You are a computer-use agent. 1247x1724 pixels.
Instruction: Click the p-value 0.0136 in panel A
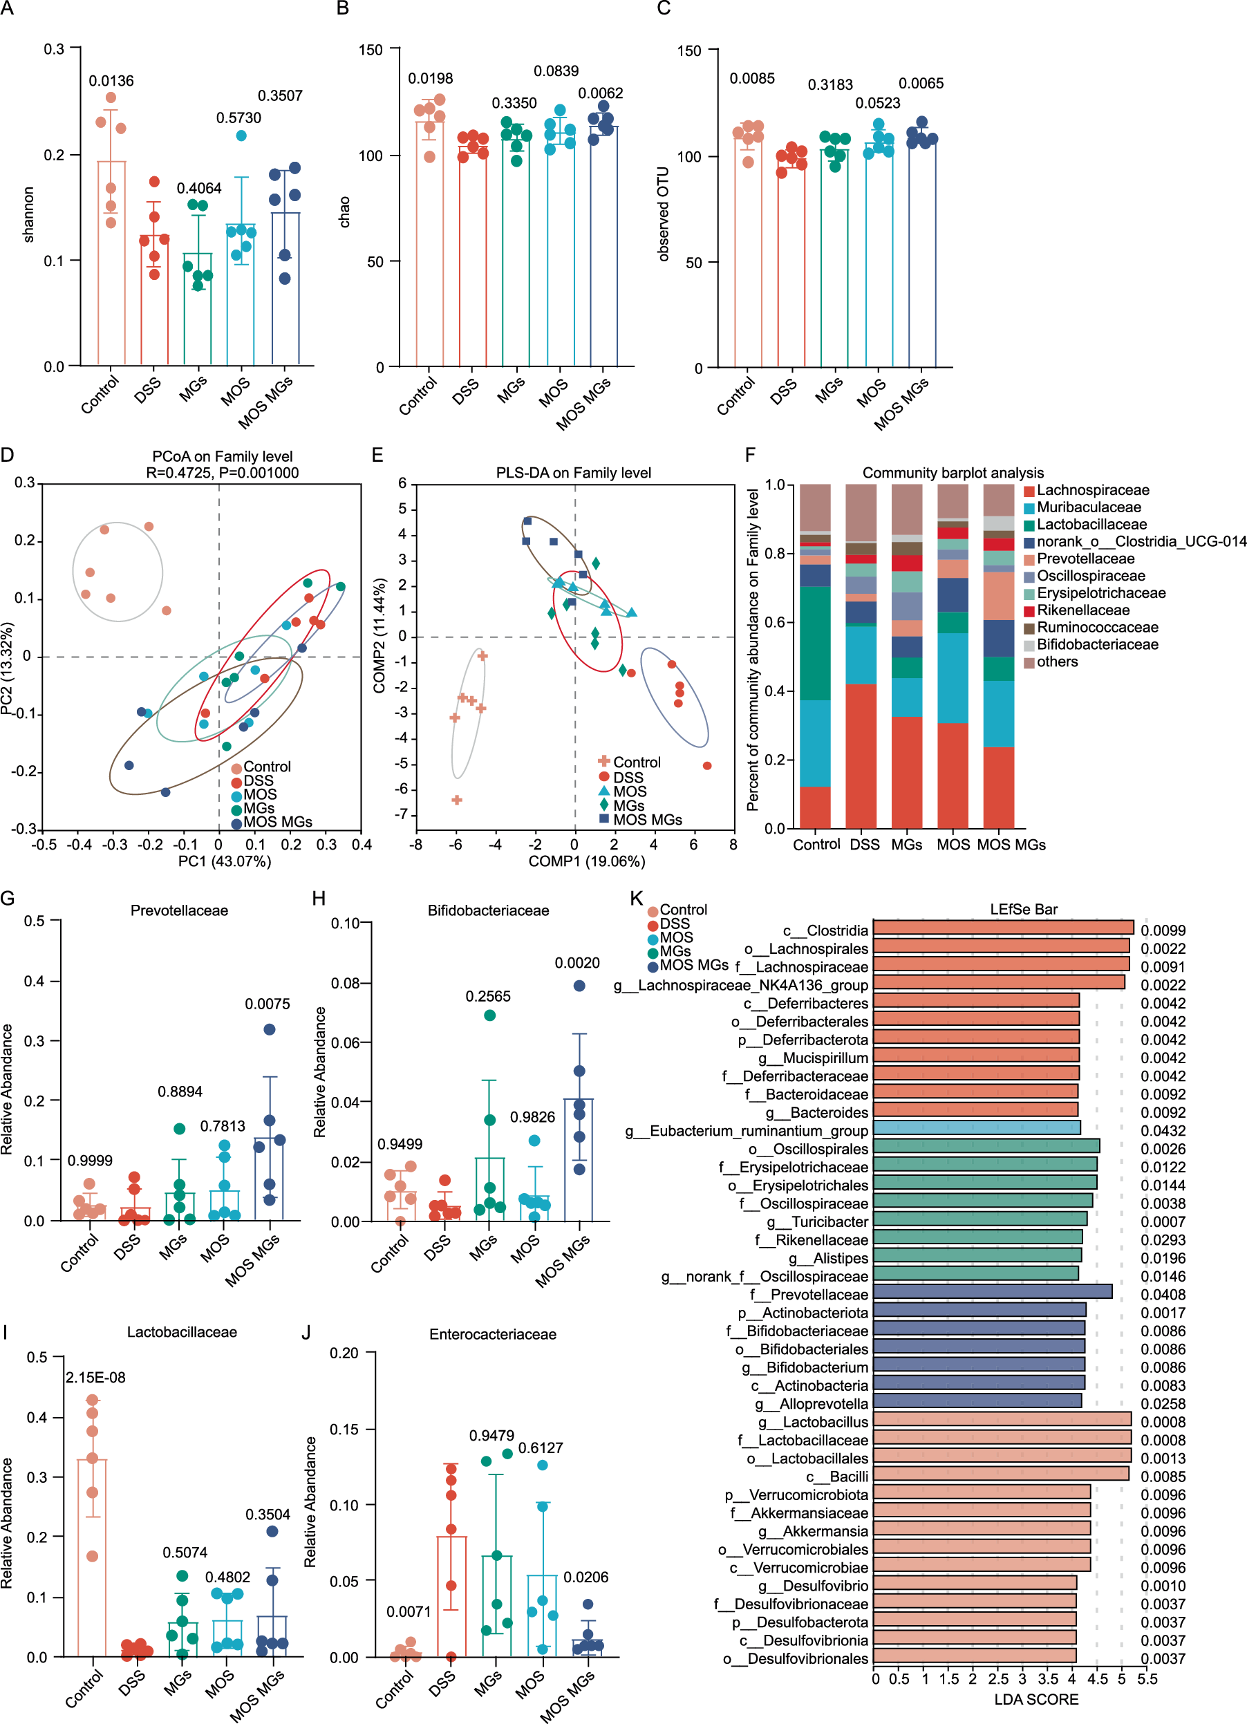tap(111, 81)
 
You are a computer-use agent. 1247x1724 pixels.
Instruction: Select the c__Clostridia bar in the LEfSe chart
tap(1003, 928)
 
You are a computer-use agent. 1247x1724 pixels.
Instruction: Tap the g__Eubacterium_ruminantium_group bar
tap(977, 1127)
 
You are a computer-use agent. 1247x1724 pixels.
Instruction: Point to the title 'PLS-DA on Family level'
tap(573, 473)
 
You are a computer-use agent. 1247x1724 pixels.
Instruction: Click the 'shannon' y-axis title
tap(29, 215)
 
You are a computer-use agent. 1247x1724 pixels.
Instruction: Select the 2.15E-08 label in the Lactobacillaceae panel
tap(96, 1378)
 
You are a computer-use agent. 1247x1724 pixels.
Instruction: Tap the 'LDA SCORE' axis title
tap(1035, 1699)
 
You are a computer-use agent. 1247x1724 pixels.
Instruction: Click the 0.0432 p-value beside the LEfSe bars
tap(1163, 1131)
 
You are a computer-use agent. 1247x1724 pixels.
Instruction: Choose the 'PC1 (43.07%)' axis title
tap(224, 861)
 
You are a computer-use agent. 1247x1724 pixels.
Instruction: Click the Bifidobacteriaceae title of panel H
tap(488, 910)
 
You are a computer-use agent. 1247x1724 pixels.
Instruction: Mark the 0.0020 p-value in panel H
tap(576, 963)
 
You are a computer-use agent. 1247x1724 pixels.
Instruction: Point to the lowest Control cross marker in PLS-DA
tap(457, 800)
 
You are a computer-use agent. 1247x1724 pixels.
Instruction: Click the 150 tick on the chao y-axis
tap(371, 50)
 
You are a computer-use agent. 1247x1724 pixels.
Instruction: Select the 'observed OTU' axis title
tap(664, 214)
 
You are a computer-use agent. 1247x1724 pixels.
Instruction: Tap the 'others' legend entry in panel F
tap(1057, 662)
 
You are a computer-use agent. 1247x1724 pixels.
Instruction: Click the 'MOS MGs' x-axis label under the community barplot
tap(1011, 845)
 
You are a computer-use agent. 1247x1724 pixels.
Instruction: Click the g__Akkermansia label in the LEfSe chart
tap(812, 1531)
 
